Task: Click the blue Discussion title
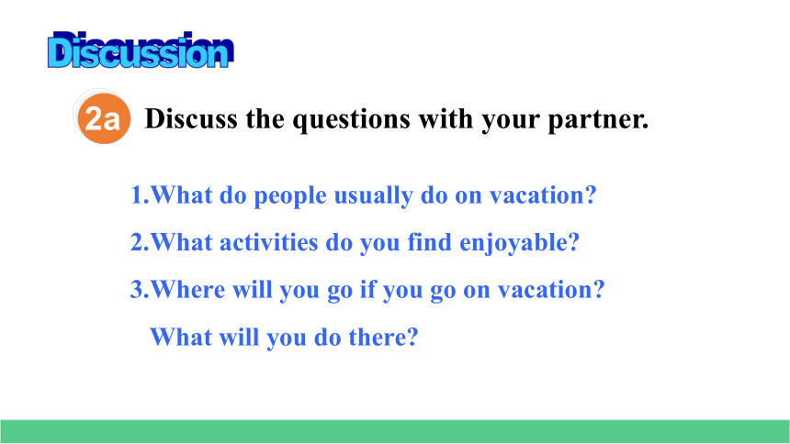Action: pos(141,50)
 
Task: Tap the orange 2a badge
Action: pos(104,118)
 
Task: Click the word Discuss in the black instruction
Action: pos(191,119)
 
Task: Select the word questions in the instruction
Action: pos(351,121)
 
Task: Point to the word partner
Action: pos(598,121)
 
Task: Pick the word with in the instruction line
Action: pos(446,119)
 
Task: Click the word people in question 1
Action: pos(290,196)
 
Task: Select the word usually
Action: pos(373,196)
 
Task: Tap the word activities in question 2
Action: pos(269,242)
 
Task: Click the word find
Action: pos(429,242)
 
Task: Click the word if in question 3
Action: pos(367,290)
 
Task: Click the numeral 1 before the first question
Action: pos(136,194)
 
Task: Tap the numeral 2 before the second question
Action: pos(137,242)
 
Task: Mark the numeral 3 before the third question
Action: pos(137,290)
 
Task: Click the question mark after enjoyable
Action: pos(574,242)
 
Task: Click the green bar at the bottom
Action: pos(395,431)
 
